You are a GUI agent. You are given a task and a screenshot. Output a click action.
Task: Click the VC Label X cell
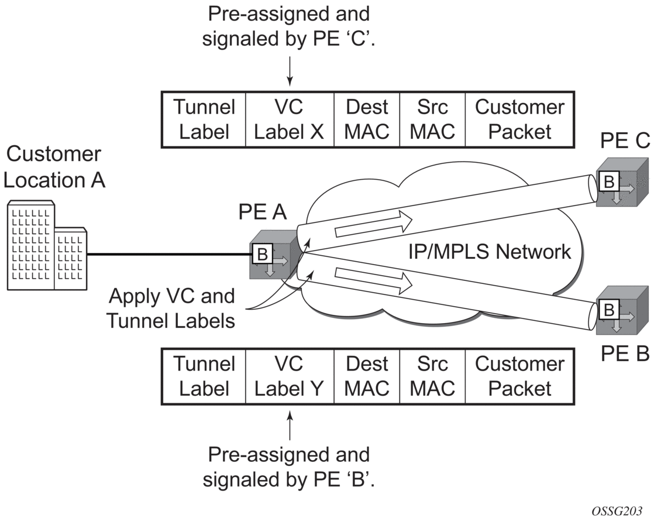[x=290, y=119]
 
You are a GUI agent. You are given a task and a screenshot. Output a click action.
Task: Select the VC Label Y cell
[x=290, y=376]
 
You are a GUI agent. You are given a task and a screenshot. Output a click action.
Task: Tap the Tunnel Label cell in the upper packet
[x=204, y=119]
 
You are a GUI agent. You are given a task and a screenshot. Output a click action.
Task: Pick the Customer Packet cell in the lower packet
[x=519, y=376]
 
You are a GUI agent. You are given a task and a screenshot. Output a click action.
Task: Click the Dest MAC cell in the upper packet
[x=367, y=119]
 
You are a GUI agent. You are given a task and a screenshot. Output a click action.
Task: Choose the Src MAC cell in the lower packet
[x=432, y=376]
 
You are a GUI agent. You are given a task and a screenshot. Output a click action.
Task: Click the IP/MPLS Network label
[x=489, y=252]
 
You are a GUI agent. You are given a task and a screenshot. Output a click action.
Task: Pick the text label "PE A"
[x=262, y=212]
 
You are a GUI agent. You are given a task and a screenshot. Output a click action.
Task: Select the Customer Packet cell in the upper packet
[x=519, y=119]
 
